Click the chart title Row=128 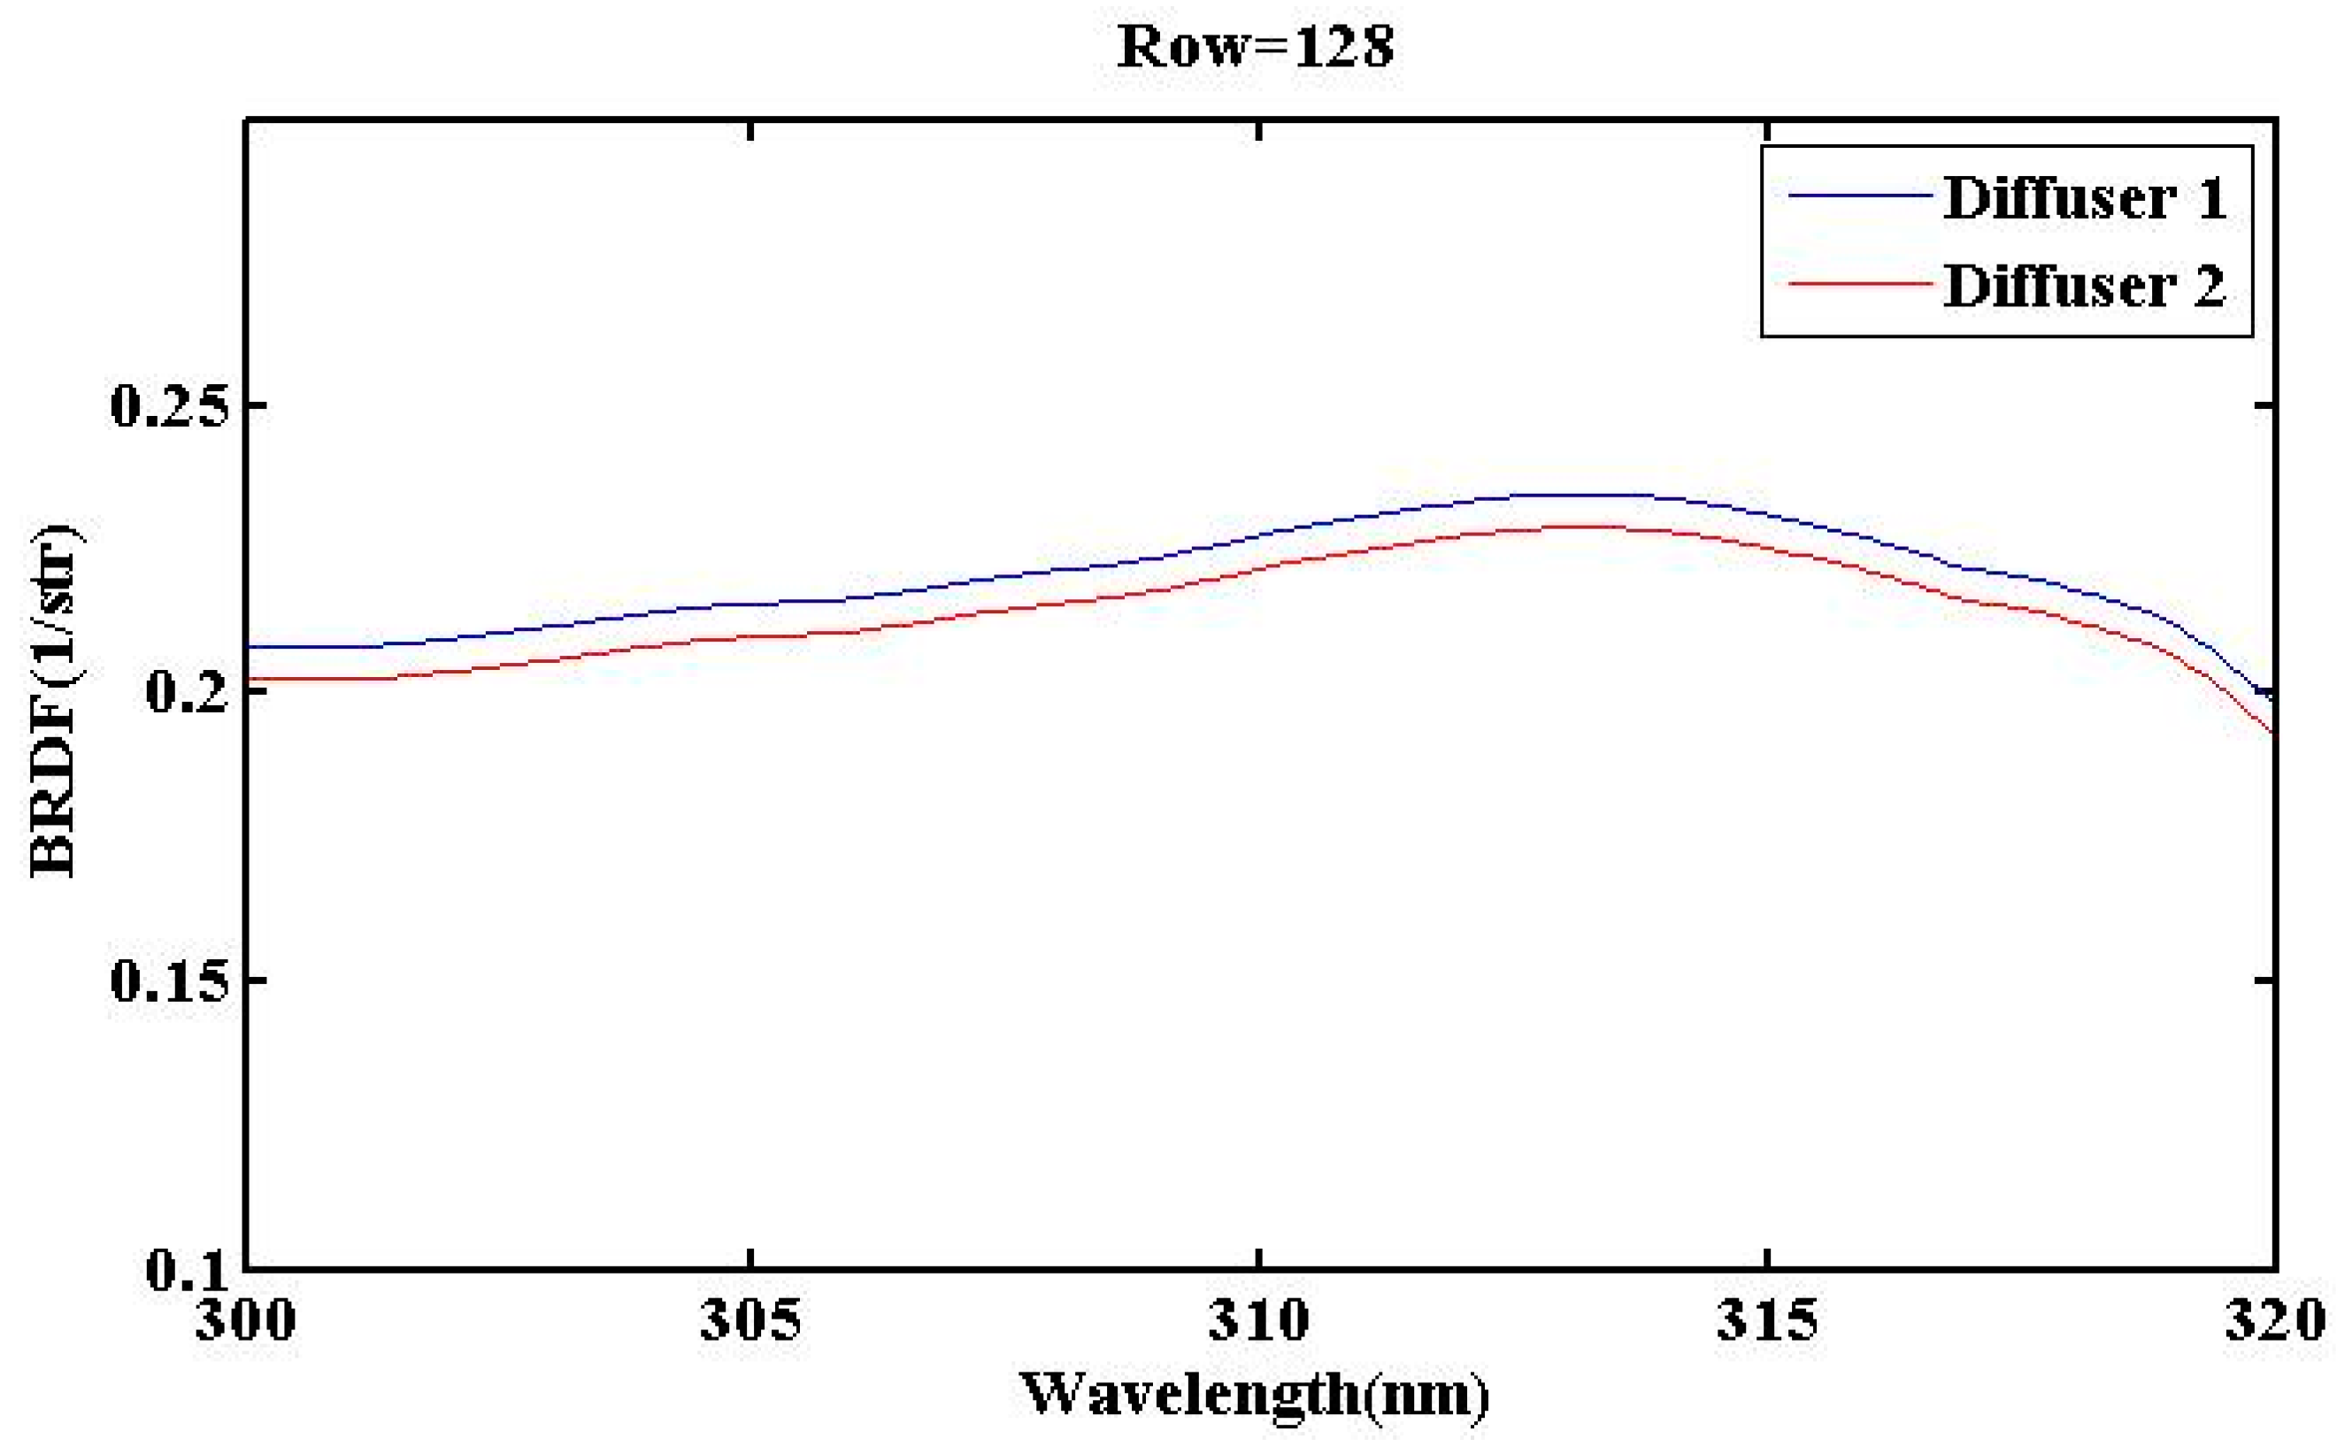pyautogui.click(x=1255, y=46)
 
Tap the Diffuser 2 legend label pyautogui.click(x=2084, y=286)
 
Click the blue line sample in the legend pyautogui.click(x=1859, y=196)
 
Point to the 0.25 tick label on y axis pyautogui.click(x=171, y=404)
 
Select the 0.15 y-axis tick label pyautogui.click(x=171, y=981)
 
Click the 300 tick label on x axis pyautogui.click(x=246, y=1319)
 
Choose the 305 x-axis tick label pyautogui.click(x=750, y=1319)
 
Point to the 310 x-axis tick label pyautogui.click(x=1258, y=1319)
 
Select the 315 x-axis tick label pyautogui.click(x=1767, y=1319)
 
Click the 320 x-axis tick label pyautogui.click(x=2274, y=1319)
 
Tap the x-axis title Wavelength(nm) pyautogui.click(x=1255, y=1395)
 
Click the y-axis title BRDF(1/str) pyautogui.click(x=56, y=700)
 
